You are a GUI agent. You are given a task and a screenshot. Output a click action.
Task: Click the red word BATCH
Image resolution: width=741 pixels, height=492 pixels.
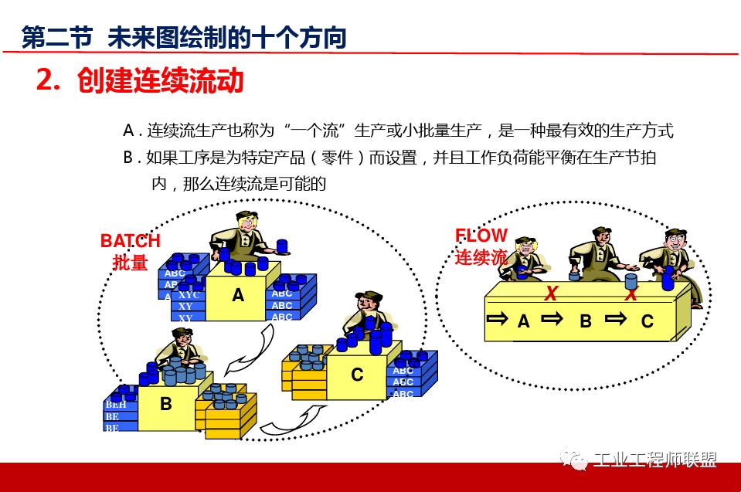130,241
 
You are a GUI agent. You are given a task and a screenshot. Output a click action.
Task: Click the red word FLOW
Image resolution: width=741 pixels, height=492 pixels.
481,236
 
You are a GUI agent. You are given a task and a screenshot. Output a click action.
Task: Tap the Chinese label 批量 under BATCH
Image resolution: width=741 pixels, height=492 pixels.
130,263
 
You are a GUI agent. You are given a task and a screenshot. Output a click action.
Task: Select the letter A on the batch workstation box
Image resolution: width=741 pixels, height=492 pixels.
238,294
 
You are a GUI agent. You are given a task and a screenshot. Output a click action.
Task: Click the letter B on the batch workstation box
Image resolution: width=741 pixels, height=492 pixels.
165,403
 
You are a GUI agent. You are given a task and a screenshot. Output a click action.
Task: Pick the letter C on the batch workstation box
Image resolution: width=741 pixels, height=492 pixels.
357,375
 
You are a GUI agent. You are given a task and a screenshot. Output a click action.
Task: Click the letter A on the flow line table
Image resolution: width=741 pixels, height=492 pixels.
524,321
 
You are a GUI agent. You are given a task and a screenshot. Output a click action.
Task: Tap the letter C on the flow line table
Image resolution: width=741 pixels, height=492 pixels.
648,321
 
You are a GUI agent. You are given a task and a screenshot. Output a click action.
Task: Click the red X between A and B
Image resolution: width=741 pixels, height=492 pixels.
551,293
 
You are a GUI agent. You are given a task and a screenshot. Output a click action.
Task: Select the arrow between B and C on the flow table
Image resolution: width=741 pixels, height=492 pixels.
615,319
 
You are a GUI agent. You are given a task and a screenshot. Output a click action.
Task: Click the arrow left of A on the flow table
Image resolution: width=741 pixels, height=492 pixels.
497,319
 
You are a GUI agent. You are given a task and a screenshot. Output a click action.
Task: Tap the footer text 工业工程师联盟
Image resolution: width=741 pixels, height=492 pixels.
654,460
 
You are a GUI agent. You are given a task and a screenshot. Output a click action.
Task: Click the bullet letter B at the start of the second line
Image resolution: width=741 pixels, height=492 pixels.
128,158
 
